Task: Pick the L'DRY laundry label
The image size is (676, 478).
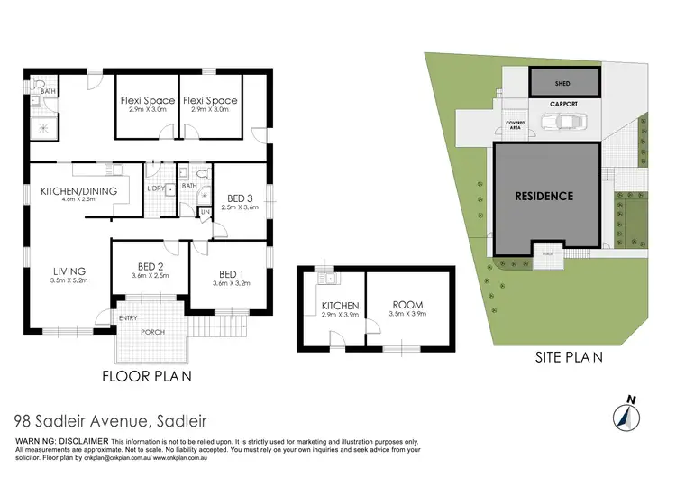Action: (x=156, y=188)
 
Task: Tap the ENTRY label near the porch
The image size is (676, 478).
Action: (x=129, y=317)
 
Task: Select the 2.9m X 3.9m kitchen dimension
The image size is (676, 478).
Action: (x=340, y=316)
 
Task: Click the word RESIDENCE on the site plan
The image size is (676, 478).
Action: (x=544, y=195)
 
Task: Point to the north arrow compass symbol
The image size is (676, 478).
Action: (x=627, y=413)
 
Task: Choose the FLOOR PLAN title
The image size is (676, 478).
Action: (x=145, y=376)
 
